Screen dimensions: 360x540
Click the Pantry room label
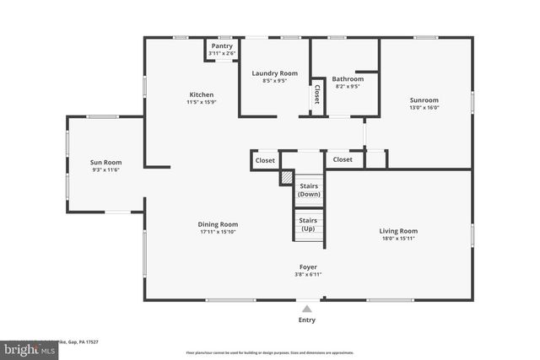222,46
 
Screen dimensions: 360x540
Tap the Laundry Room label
275,73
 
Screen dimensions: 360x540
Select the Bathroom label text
348,78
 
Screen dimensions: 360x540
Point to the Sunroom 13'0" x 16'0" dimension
424,107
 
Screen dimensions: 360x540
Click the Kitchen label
201,94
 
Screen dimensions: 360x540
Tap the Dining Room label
219,224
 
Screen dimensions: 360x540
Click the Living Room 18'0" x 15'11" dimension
398,238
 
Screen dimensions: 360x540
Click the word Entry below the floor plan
308,320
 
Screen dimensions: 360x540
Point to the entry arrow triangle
308,308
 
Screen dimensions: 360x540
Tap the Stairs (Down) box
308,191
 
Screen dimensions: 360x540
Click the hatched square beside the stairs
287,178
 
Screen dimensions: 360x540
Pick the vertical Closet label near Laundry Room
317,94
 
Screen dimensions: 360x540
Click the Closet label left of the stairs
265,159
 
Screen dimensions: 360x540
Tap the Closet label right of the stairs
343,159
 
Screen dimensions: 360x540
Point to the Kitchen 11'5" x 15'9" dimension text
201,103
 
